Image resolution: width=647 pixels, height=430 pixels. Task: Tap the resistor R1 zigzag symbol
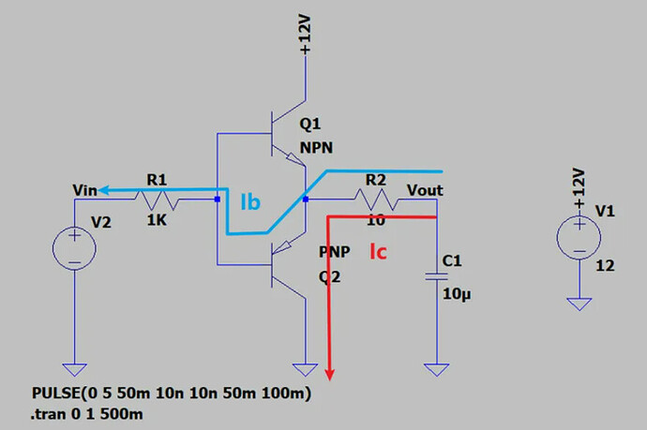click(x=157, y=199)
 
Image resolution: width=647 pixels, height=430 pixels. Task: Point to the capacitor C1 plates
click(x=433, y=276)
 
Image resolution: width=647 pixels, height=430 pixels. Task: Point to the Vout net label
click(x=425, y=191)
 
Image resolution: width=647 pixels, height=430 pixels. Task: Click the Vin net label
click(x=84, y=191)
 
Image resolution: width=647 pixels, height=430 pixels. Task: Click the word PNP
click(x=332, y=253)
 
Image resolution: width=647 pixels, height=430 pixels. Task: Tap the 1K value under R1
click(x=157, y=222)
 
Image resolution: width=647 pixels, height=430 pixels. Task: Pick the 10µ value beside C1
click(x=455, y=293)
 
